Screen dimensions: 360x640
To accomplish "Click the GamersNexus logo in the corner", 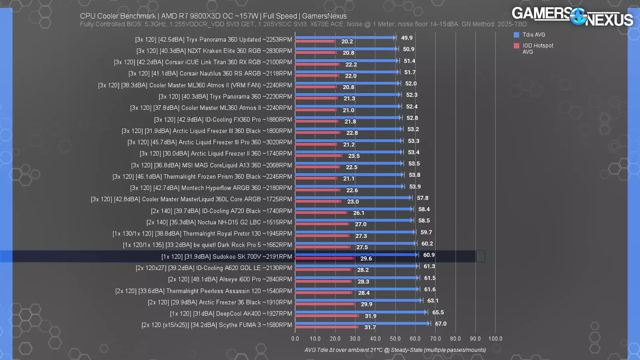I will point(572,16).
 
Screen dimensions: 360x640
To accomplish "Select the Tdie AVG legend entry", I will point(534,35).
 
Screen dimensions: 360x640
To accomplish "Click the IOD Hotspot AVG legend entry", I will point(538,48).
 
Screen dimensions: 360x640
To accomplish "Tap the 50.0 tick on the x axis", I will point(395,338).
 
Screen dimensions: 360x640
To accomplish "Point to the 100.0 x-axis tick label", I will point(495,338).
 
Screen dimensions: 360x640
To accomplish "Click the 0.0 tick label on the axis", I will point(295,338).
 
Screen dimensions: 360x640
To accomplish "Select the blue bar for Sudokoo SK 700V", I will point(356,254).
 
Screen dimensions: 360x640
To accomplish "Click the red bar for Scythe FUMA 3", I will point(326,327).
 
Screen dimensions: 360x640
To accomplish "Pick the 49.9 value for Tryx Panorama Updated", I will point(407,38).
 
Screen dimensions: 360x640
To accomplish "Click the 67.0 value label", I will point(441,324).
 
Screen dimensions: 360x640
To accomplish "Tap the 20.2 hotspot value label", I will point(347,42).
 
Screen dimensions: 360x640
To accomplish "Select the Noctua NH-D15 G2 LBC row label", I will point(219,222).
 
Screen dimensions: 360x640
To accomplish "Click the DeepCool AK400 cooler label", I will point(231,314).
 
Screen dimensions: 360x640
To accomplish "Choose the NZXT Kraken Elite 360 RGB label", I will point(214,51).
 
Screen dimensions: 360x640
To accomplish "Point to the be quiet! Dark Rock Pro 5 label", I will point(207,245).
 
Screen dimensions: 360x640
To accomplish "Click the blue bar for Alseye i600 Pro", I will point(356,277).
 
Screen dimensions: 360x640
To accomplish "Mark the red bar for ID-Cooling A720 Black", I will point(321,212).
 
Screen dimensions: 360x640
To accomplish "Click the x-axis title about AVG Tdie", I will point(395,350).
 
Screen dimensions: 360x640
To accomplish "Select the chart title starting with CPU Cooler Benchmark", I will point(213,16).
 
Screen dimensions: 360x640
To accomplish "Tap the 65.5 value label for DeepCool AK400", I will point(438,312).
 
